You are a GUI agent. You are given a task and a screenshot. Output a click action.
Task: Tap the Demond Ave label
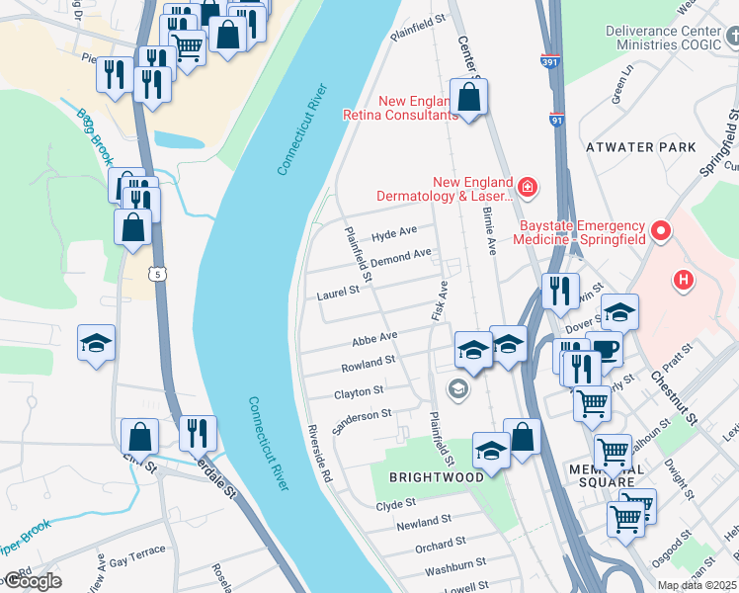400,257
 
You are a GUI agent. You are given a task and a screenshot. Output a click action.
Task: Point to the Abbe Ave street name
374,338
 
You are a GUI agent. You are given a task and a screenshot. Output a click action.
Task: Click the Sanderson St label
363,415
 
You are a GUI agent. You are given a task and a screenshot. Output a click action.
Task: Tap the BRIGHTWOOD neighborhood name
436,476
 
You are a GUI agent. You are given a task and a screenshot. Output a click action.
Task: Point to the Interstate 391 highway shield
549,61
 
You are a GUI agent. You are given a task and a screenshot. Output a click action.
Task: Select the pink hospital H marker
682,280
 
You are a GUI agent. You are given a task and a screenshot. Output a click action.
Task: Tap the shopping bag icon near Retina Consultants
468,97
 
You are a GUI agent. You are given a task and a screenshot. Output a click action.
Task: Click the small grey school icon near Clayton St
456,388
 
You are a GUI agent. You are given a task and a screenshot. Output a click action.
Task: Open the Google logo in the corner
32,582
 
